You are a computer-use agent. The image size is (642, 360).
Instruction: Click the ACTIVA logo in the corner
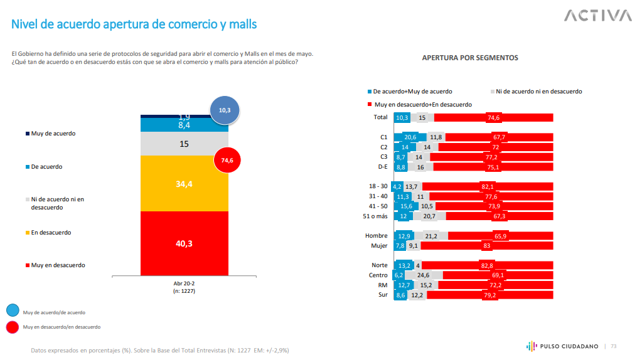pos(597,16)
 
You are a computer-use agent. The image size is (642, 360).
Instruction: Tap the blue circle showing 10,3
pos(225,110)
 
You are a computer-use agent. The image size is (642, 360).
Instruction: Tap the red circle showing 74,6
pos(227,161)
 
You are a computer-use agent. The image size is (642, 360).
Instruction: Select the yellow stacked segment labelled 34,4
pos(185,184)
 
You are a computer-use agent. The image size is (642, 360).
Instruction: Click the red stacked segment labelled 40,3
pos(185,243)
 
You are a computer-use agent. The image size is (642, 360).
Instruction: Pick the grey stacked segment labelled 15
pos(185,144)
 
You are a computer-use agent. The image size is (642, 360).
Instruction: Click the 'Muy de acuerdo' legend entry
pos(53,134)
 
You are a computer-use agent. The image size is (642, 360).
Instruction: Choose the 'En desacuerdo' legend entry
pos(51,233)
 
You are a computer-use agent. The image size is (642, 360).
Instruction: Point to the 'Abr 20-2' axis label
pos(184,283)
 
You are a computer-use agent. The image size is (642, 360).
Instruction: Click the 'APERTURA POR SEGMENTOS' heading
pos(470,58)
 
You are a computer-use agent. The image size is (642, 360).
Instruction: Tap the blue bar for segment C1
pos(410,137)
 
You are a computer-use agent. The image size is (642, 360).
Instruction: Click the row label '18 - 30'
pos(378,186)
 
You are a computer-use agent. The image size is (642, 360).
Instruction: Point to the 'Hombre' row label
pos(377,236)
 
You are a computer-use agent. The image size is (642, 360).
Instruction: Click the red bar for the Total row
pos(493,117)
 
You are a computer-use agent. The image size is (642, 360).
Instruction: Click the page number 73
pos(614,346)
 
